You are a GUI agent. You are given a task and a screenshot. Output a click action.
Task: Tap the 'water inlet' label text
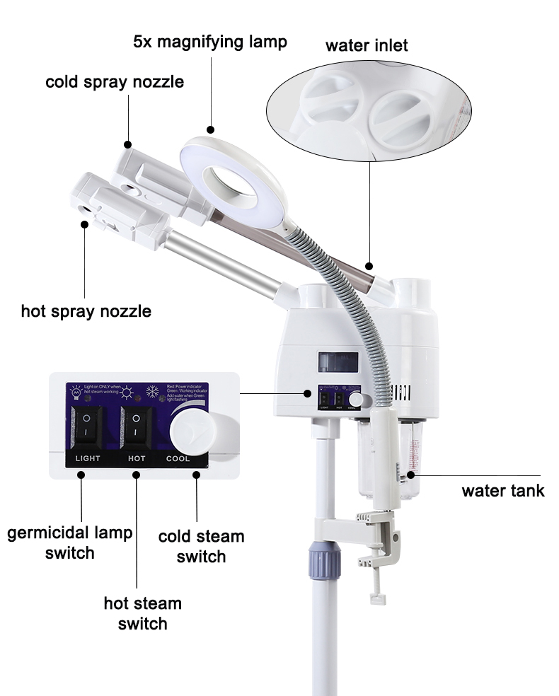[x=367, y=46]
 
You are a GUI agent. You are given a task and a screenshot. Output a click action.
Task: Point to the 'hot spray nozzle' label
[x=86, y=311]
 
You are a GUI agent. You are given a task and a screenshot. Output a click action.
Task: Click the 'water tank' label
[x=503, y=490]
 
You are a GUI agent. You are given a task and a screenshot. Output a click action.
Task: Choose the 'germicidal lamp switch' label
[x=70, y=543]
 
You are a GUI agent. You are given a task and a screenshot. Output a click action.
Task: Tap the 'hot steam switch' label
[x=142, y=613]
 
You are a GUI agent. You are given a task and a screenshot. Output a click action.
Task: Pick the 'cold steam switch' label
[x=201, y=546]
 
